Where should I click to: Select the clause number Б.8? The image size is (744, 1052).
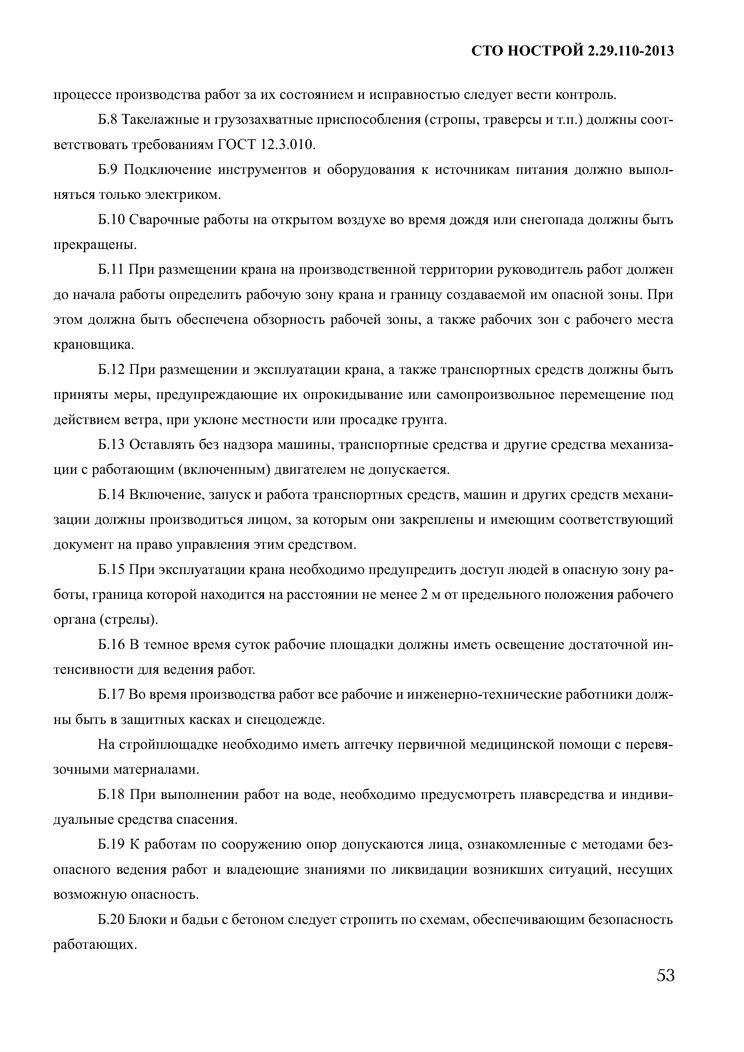coord(108,120)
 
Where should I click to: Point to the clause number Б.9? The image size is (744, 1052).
coord(108,170)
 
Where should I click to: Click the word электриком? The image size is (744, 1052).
coord(183,195)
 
